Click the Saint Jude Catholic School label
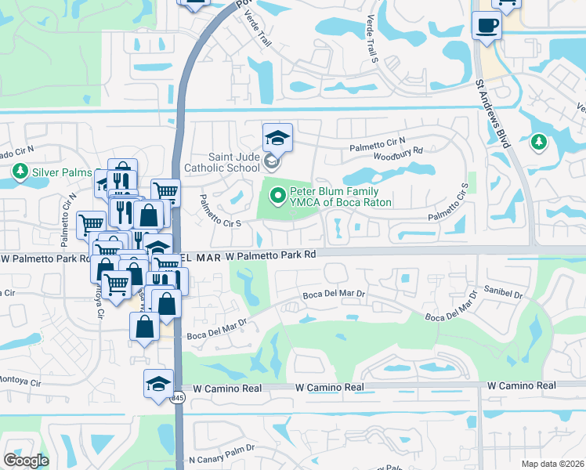coord(222,162)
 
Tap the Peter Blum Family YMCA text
coord(341,197)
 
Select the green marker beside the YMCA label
coord(277,194)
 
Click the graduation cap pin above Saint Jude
coord(277,138)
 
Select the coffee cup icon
coord(487,25)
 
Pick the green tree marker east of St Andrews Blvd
coord(537,142)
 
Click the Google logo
coord(25,461)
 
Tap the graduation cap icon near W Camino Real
coord(158,384)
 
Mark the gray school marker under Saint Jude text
coord(271,162)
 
